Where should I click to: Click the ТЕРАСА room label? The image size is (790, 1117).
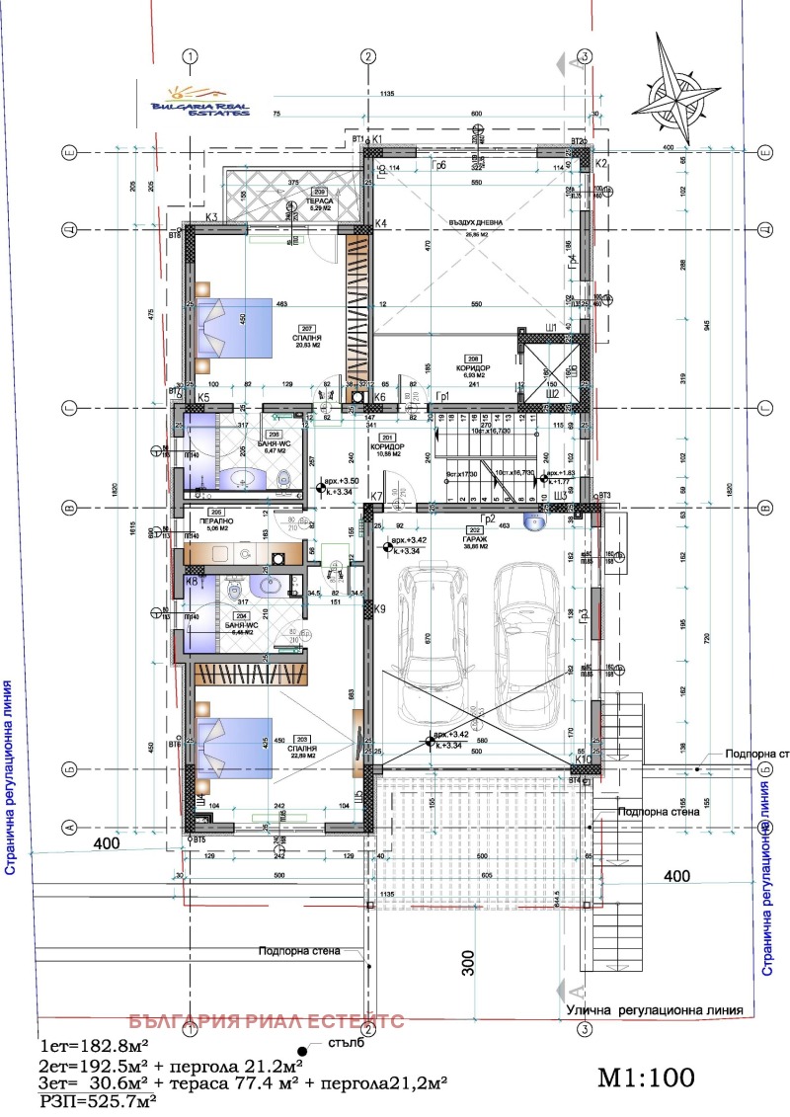click(318, 200)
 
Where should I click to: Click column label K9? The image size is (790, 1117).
click(379, 609)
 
